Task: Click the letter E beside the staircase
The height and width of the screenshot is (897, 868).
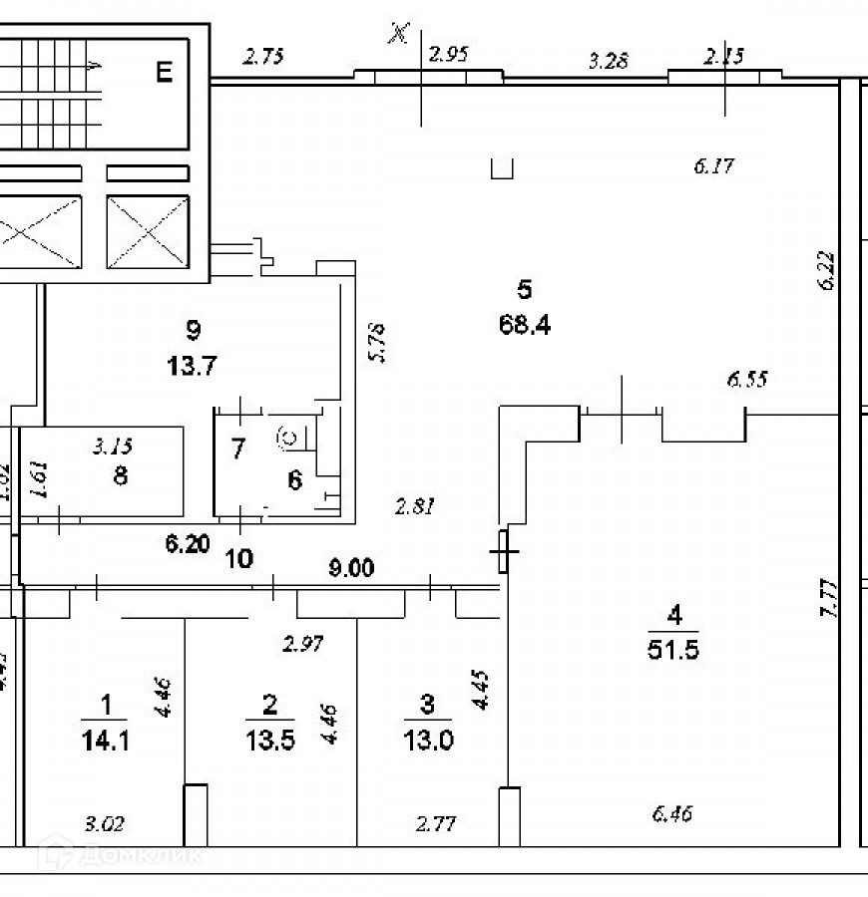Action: (165, 71)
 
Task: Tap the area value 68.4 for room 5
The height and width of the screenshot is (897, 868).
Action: (526, 324)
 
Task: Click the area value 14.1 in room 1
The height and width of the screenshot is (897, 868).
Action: (108, 741)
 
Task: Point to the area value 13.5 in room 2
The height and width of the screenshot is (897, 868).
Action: (269, 741)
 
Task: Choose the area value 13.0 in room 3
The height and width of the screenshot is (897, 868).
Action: (427, 741)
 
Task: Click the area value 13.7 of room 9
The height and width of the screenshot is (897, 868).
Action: (194, 365)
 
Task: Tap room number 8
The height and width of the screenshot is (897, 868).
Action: (121, 475)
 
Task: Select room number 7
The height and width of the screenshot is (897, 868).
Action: (237, 448)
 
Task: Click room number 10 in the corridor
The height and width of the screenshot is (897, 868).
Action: (239, 558)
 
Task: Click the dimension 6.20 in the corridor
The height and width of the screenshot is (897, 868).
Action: (188, 545)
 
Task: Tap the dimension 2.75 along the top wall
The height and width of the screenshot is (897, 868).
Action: (264, 57)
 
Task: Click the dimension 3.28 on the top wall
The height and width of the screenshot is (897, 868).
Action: (608, 62)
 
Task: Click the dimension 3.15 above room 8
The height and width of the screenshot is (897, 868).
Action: (112, 446)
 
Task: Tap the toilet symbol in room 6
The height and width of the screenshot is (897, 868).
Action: (289, 436)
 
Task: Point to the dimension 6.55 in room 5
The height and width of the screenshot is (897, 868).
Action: (748, 379)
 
